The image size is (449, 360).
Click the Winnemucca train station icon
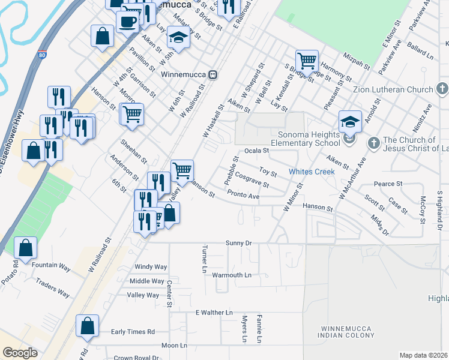point(212,75)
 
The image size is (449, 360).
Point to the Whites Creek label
point(312,171)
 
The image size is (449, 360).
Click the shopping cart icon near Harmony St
point(307,60)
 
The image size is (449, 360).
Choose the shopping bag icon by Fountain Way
point(25,247)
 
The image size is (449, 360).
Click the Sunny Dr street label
point(238,243)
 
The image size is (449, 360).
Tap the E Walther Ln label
point(214,313)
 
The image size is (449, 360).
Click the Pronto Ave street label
point(243,196)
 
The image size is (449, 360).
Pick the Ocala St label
point(255,151)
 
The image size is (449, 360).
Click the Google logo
point(20,353)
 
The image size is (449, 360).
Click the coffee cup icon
point(127,23)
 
